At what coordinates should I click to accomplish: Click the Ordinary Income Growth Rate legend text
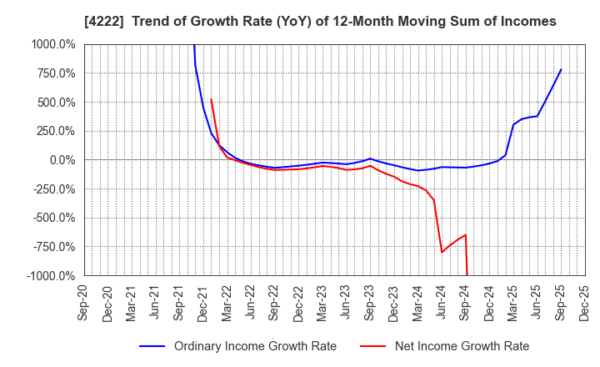click(x=255, y=346)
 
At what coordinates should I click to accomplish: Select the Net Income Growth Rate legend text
click(x=461, y=346)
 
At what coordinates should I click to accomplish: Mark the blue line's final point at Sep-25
click(x=561, y=69)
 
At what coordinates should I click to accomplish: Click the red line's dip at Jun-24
click(x=442, y=252)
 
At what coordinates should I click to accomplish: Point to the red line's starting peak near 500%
click(x=211, y=99)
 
